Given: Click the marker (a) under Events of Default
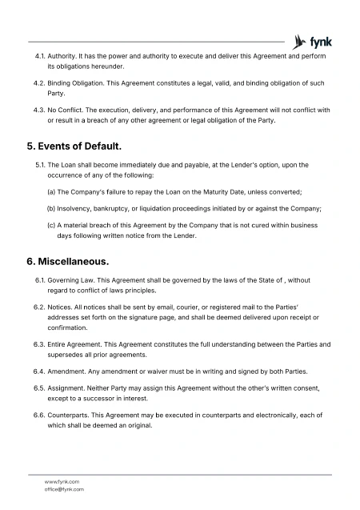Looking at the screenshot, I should pyautogui.click(x=52, y=192).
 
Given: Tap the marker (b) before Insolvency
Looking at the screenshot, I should pyautogui.click(x=52, y=208).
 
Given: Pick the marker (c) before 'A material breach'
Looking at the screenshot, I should pyautogui.click(x=52, y=225).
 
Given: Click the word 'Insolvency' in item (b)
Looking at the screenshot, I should pyautogui.click(x=76, y=208).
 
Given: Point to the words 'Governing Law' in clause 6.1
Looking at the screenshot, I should pyautogui.click(x=70, y=280).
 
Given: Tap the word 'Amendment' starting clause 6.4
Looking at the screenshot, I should pyautogui.click(x=69, y=371).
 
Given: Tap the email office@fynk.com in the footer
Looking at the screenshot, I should pyautogui.click(x=63, y=488).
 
